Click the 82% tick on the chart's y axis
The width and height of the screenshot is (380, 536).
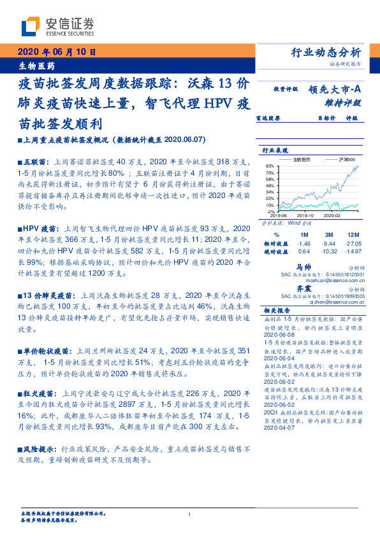270,165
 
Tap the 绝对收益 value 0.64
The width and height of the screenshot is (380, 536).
303,251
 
